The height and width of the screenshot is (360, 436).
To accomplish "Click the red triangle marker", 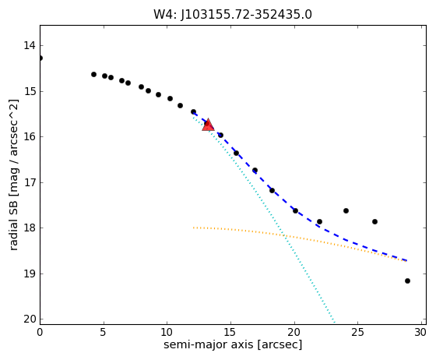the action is pos(208,125).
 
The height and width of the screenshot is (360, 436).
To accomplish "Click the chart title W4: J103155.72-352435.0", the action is pos(233,15).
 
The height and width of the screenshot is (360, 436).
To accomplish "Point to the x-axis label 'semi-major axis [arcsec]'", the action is pos(233,344).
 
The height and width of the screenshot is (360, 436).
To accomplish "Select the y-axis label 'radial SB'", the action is pos(14,217).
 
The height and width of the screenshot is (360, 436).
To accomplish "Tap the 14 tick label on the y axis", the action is pos(30,45).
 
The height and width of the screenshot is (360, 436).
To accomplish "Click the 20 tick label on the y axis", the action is pos(30,319).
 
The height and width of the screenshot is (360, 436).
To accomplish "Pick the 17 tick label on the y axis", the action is pos(30,182).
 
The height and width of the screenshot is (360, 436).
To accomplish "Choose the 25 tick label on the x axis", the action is pos(357,332).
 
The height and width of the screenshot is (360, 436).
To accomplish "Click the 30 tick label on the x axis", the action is pos(420,332).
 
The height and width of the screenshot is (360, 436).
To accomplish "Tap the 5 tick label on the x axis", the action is pos(104,332).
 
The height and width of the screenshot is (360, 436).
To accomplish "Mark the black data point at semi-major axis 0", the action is pos(40,58).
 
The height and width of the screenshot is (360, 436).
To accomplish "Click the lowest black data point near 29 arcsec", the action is pos(408,281).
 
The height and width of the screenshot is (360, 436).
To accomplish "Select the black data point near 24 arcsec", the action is pos(346,211).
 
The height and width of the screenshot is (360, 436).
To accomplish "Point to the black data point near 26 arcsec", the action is pos(374,222).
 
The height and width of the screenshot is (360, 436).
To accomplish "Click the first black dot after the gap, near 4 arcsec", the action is pos(93,74).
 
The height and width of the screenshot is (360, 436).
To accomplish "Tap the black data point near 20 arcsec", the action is pos(296,211).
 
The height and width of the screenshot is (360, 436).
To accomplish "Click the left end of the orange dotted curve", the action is pos(194,228).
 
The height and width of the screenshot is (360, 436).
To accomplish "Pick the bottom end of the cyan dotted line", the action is pos(335,323).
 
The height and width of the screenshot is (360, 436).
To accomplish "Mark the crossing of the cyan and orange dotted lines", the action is pos(284,235).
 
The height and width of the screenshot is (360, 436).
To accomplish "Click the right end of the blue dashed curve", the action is pos(407,260).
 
